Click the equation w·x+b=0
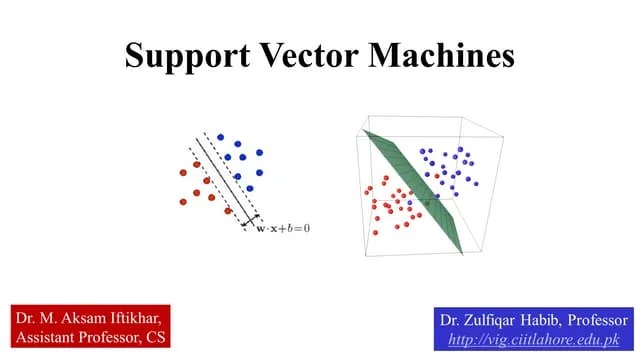click(x=281, y=228)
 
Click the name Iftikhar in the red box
click(x=130, y=317)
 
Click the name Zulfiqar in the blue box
click(x=493, y=321)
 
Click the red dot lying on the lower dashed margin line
click(x=229, y=210)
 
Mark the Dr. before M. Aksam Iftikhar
click(x=27, y=317)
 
